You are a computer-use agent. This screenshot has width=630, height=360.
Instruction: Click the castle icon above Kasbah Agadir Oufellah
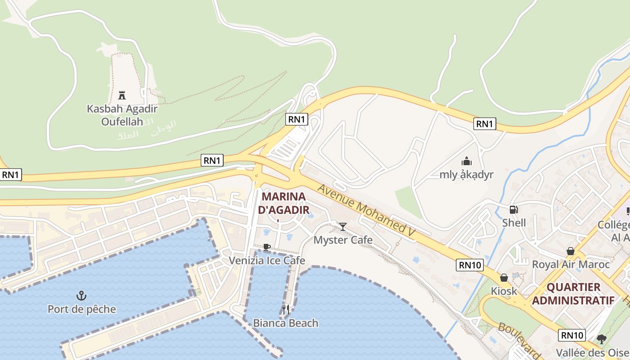click(x=121, y=95)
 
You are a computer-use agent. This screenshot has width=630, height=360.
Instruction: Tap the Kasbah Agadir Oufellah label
click(x=122, y=115)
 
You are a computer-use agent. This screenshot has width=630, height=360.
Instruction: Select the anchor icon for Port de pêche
click(x=81, y=296)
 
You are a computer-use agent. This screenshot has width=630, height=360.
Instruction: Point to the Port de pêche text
click(x=82, y=309)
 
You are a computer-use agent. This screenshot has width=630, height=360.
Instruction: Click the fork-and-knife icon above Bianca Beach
click(x=285, y=310)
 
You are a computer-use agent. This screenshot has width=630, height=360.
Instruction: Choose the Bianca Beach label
click(x=285, y=323)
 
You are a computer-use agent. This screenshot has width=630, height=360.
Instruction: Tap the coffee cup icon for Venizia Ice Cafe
click(x=267, y=247)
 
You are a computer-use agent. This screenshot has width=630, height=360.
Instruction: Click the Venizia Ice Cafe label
click(x=267, y=261)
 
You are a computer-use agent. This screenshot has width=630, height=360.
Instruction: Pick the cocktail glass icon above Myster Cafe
click(x=343, y=226)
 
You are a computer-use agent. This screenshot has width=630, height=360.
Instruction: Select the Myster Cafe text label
click(x=343, y=240)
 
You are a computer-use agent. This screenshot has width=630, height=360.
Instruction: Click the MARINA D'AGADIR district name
click(x=283, y=203)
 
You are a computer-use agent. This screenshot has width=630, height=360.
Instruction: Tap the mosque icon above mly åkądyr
click(x=467, y=161)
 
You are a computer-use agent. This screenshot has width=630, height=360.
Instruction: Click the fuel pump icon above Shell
click(x=513, y=209)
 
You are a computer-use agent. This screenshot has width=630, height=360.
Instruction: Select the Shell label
click(x=514, y=223)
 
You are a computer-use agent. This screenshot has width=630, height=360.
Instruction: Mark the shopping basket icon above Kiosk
click(x=504, y=278)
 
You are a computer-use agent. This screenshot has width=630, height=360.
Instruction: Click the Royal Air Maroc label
click(x=571, y=264)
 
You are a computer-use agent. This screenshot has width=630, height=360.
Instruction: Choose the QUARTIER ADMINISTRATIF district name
click(x=573, y=294)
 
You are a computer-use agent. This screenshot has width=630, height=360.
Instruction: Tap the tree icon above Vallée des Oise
click(x=602, y=339)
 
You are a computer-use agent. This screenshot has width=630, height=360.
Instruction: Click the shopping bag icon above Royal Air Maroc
click(x=571, y=251)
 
